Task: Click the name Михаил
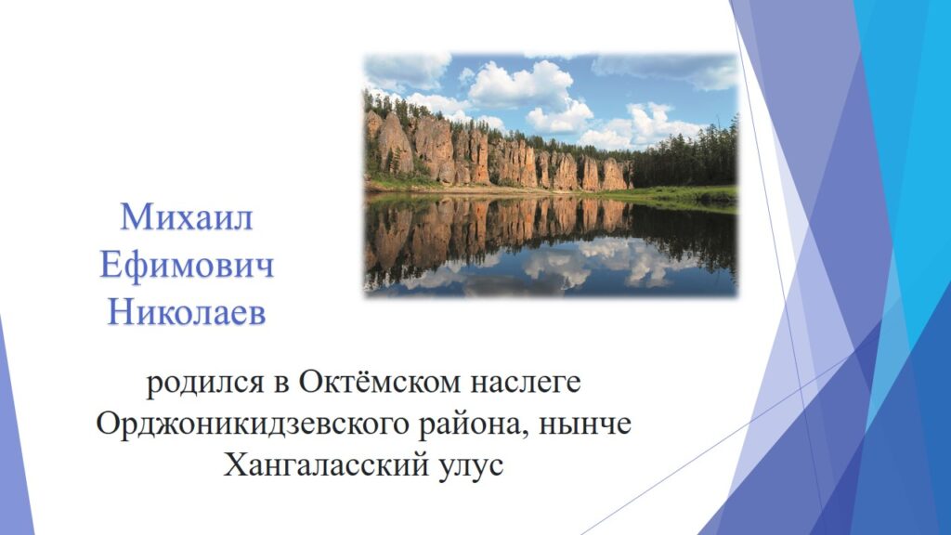point(187,216)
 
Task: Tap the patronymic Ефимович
point(187,266)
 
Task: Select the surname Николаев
point(187,314)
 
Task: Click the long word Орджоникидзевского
point(253,424)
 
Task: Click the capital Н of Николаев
point(121,314)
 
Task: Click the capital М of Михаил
point(136,217)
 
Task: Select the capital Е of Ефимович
point(111,266)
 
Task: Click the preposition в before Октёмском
point(280,385)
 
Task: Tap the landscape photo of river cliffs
point(551,175)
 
